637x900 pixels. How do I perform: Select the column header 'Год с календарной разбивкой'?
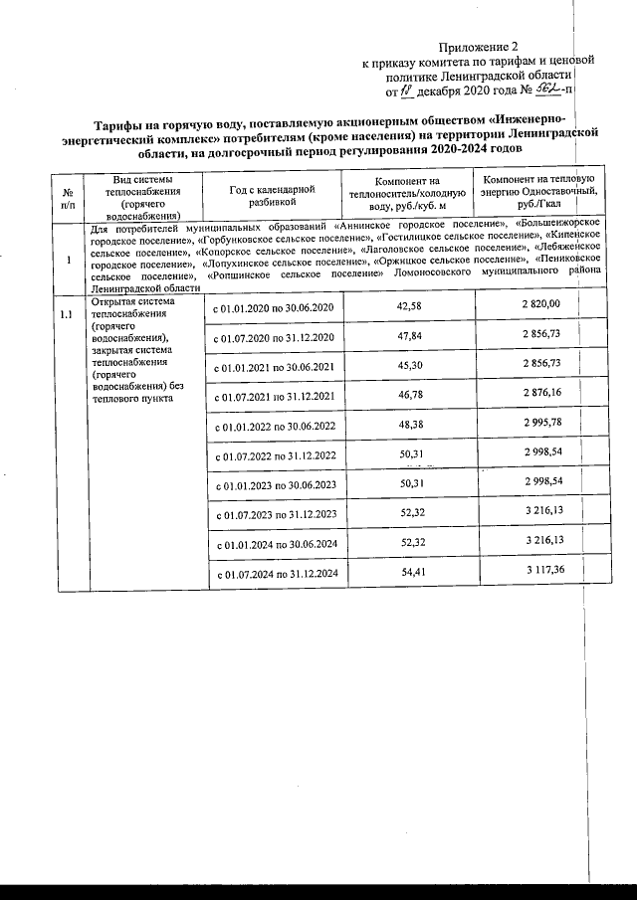coord(272,193)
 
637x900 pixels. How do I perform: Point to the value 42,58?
coord(409,305)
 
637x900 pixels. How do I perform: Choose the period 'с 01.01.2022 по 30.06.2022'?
coord(273,427)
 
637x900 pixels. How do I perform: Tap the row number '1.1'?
coord(67,315)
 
